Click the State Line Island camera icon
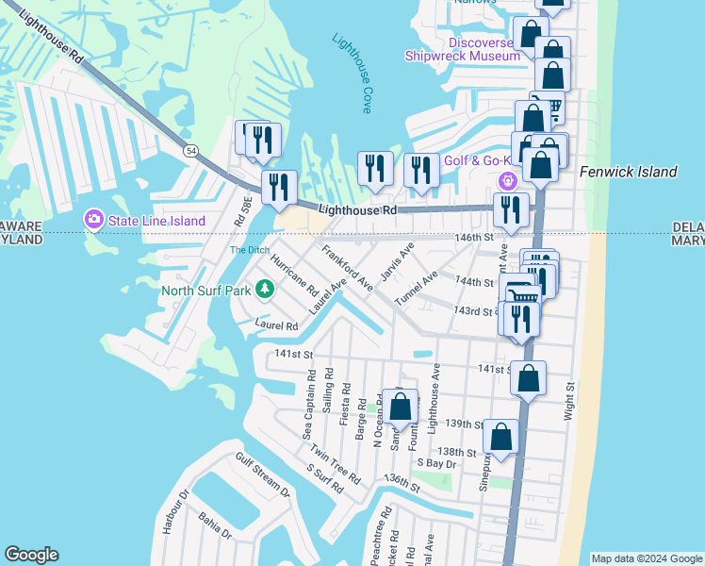93,220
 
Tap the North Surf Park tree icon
266,289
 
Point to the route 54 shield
191,151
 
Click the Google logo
31,555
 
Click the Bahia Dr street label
215,525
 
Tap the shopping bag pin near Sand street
400,407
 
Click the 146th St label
475,240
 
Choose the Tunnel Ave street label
416,287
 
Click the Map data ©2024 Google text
647,558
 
